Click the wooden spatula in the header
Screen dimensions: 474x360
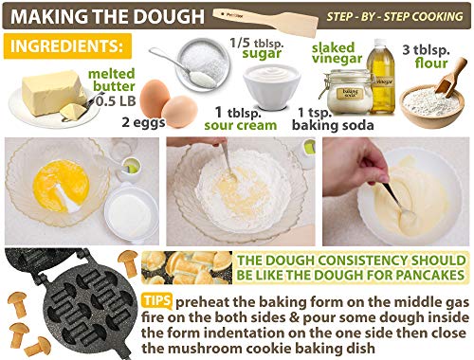click(265, 20)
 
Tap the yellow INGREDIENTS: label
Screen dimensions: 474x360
click(67, 46)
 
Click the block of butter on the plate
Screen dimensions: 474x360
click(50, 92)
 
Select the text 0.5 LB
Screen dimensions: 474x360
click(116, 101)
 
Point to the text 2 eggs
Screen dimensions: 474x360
click(143, 122)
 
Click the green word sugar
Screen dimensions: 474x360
click(262, 54)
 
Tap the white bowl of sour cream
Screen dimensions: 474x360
click(272, 86)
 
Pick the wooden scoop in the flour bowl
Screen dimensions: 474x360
click(450, 77)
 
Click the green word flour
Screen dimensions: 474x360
click(431, 63)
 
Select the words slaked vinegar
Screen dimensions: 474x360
click(337, 53)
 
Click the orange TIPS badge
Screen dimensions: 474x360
click(156, 300)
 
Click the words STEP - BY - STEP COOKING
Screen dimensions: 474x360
click(394, 16)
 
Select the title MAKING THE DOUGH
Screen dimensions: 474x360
click(107, 16)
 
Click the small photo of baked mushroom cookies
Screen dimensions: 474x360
click(187, 267)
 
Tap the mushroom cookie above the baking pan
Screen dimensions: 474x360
click(129, 262)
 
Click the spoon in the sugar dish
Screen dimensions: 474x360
click(183, 68)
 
